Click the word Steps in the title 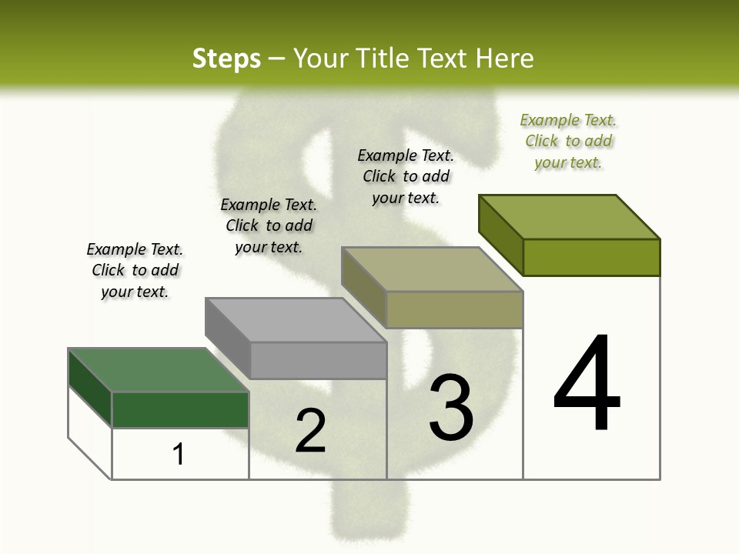[226, 58]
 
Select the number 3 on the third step [451, 407]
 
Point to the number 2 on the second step [310, 430]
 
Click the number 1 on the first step [179, 454]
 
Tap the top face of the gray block [296, 319]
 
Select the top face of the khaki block [432, 269]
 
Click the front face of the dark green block [180, 409]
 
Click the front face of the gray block [318, 360]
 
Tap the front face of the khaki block [454, 309]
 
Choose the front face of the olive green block [591, 257]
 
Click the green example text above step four [568, 141]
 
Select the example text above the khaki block [406, 176]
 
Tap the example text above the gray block [269, 225]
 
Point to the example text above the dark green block [135, 270]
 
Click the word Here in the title [505, 58]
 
